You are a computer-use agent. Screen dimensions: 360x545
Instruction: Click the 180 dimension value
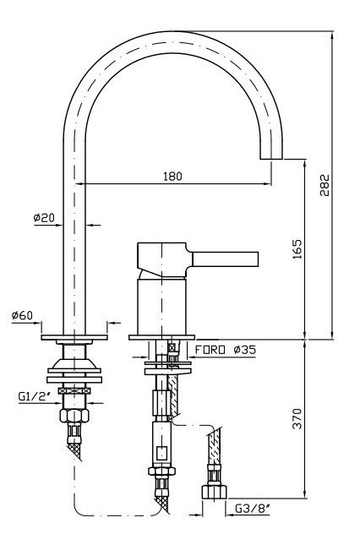[172, 176]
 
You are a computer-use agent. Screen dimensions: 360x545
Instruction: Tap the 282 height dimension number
[325, 185]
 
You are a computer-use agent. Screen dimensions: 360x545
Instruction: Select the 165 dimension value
[297, 249]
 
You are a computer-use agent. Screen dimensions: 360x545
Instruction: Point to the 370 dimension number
[297, 418]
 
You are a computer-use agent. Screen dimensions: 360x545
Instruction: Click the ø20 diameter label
[44, 218]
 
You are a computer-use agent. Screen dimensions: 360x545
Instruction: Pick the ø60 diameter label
[22, 316]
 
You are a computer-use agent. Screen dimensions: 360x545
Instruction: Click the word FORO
[210, 349]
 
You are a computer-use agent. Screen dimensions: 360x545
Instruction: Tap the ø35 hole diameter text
[244, 349]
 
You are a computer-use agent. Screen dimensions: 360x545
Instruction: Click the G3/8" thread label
[253, 509]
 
